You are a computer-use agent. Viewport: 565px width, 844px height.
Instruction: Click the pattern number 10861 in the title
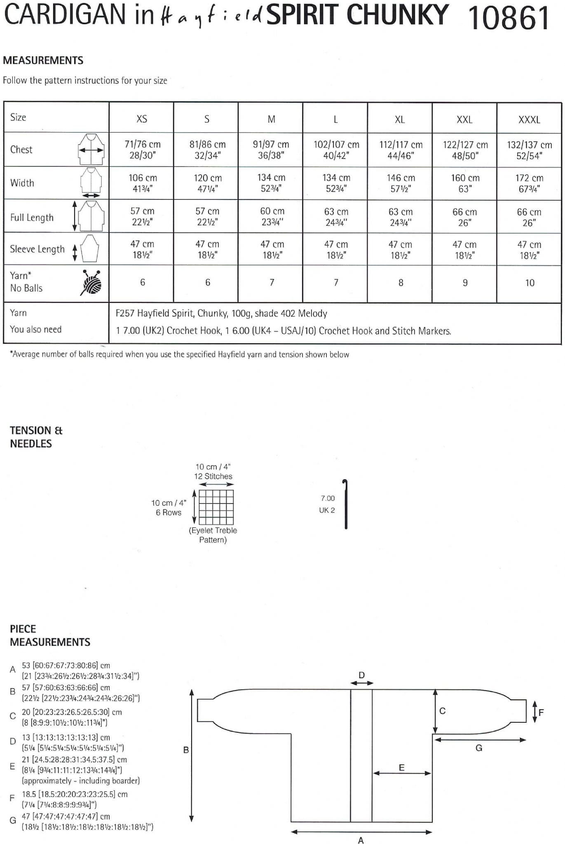pos(509,17)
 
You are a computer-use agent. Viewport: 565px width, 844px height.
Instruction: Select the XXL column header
pos(464,120)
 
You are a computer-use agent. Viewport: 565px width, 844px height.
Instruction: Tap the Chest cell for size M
pos(271,150)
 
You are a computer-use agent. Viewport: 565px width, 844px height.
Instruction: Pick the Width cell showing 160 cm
pos(465,183)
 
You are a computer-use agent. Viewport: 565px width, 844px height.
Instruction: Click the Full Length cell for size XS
pos(142,216)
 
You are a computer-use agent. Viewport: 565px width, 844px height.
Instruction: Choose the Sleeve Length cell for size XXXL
pos(529,250)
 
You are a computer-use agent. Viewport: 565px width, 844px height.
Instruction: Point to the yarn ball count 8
pos(401,283)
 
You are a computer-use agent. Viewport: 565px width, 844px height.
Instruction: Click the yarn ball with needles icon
pos(91,283)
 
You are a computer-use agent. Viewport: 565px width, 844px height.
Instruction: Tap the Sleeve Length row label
pos(37,249)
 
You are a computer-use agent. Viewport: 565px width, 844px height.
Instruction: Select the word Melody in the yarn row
pos(312,314)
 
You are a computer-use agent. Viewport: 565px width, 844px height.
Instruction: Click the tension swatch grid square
pos(216,507)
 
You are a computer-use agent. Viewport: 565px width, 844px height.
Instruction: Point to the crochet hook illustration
pos(346,504)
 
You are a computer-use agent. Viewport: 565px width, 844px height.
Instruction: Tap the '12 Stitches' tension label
pos(213,476)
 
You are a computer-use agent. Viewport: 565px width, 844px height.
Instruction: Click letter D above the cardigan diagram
pos(361,675)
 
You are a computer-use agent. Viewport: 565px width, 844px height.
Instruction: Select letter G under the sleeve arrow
pos(478,748)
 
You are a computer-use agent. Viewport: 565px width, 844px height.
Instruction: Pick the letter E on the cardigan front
pos(401,768)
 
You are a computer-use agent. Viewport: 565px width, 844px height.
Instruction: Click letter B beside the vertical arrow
pos(185,750)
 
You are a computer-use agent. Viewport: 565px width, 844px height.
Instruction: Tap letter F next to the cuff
pos(541,712)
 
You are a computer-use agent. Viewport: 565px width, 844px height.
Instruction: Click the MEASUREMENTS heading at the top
pos(43,61)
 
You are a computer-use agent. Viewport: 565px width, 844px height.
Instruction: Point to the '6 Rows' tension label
pos(168,513)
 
